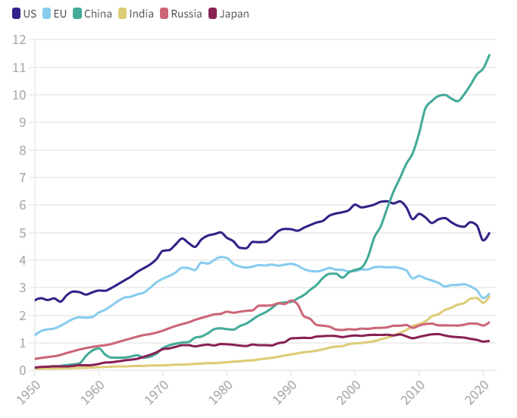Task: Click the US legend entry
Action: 23,14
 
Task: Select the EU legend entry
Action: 54,14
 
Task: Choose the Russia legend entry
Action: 180,14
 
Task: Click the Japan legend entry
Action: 228,14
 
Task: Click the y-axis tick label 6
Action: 23,205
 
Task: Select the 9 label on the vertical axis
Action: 23,122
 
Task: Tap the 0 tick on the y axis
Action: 23,370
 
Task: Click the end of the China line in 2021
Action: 490,55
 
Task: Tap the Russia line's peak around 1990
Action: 292,301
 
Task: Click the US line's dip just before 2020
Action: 483,240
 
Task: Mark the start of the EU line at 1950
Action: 35,335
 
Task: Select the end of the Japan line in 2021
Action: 490,341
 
